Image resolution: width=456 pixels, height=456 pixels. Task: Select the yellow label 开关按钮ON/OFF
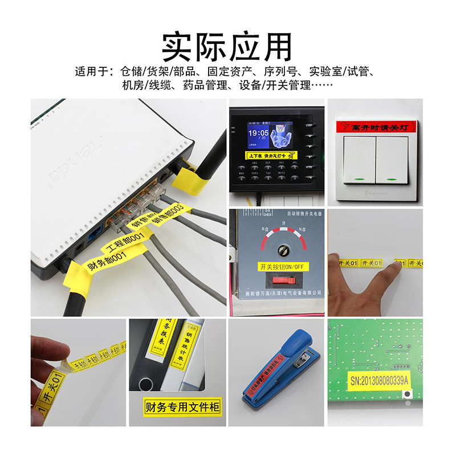pyautogui.click(x=281, y=266)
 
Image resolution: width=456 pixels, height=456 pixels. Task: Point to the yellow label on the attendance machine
pyautogui.click(x=271, y=155)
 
